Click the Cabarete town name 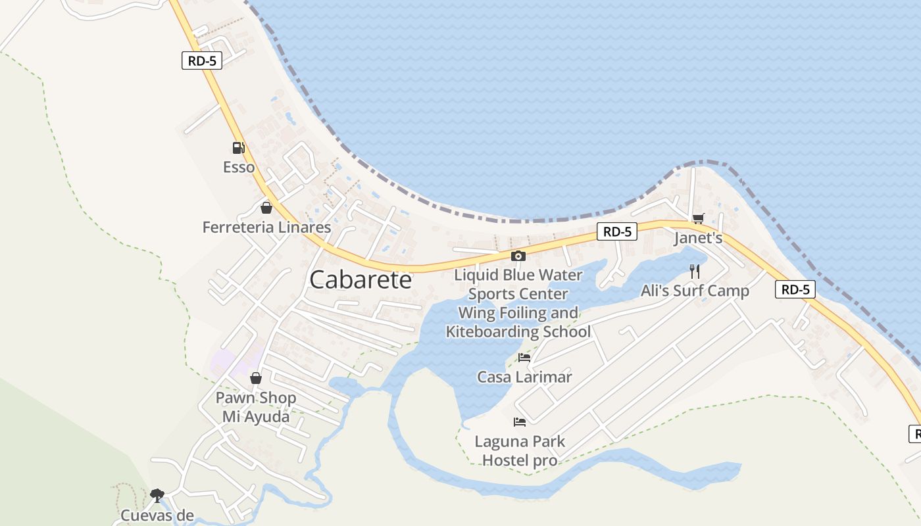361,279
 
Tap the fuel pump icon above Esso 238,148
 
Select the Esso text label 239,167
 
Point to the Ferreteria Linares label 266,227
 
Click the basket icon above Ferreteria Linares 266,208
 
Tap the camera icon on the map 518,256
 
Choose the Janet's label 698,238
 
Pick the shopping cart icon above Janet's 698,218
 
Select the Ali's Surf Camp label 695,291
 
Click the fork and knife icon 695,271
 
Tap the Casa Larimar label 524,377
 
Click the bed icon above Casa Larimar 524,358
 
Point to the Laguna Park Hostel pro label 520,450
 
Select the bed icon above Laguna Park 520,421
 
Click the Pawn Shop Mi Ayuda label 256,407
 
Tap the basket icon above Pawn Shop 256,378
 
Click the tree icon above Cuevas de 157,494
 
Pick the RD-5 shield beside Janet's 617,231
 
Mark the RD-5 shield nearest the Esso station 202,61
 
